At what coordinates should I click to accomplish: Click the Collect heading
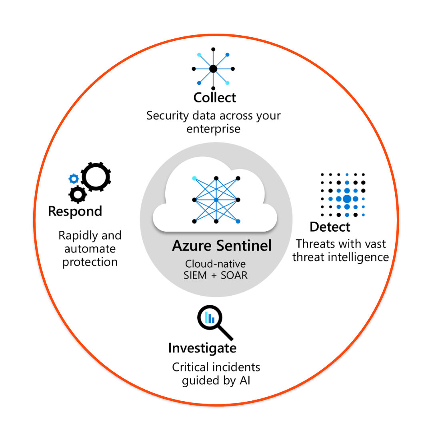[x=215, y=98]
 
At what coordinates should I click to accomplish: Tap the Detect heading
[x=330, y=227]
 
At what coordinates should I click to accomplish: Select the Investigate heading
[x=202, y=348]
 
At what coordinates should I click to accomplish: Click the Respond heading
[x=75, y=211]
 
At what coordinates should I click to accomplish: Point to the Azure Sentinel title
[x=222, y=246]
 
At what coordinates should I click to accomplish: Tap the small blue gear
[x=74, y=178]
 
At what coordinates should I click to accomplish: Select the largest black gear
[x=96, y=176]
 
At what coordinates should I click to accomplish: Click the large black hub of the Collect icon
[x=213, y=69]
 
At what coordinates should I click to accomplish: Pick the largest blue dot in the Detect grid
[x=347, y=198]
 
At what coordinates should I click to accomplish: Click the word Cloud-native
[x=215, y=264]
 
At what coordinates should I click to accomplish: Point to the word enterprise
[x=213, y=129]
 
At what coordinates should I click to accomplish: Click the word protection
[x=90, y=262]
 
